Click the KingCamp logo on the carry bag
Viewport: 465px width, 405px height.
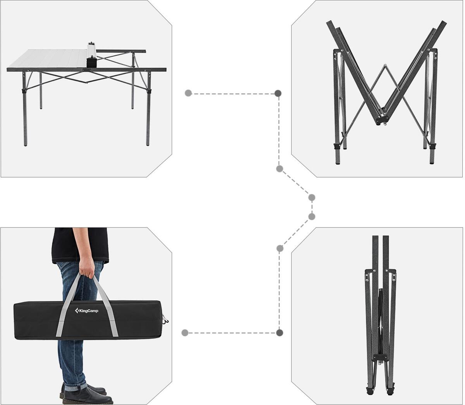point(86,310)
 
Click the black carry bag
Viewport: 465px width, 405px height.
point(90,320)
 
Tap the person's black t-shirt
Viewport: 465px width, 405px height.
point(80,245)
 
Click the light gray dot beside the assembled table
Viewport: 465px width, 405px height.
point(188,93)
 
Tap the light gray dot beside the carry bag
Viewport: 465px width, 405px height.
point(185,333)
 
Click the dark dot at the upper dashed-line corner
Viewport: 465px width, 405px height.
point(278,93)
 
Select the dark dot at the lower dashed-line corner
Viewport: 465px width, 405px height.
point(279,333)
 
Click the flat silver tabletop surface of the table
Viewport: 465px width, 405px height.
point(50,59)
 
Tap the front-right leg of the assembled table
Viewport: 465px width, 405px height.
point(148,109)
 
